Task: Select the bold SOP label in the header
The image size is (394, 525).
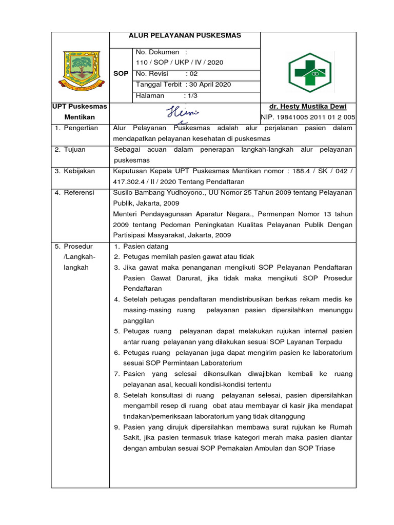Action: click(x=121, y=74)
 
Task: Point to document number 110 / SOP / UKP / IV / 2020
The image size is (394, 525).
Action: click(x=179, y=63)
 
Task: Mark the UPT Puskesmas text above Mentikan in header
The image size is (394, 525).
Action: click(x=80, y=107)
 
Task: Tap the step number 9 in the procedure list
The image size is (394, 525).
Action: click(x=117, y=427)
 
